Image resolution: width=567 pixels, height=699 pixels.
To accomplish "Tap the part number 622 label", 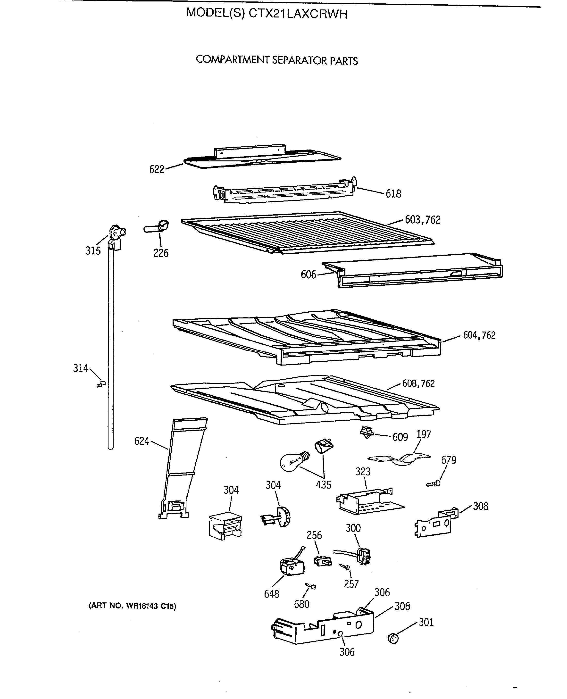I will (x=157, y=169).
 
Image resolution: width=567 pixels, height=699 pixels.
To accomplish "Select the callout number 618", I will (x=393, y=194).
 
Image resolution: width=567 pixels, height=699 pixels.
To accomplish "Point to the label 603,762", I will (x=423, y=220).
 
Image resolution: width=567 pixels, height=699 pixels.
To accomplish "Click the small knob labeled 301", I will (x=393, y=638).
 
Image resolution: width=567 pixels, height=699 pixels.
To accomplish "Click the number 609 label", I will (x=400, y=437).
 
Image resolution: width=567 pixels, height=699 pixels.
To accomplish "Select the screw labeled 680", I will (x=311, y=586).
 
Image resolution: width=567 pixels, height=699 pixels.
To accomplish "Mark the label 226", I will (x=161, y=253).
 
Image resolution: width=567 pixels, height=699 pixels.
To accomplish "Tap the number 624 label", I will (x=142, y=441).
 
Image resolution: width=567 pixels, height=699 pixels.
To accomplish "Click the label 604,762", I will (x=479, y=335).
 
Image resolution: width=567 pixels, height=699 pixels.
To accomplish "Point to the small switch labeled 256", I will (x=322, y=561).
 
